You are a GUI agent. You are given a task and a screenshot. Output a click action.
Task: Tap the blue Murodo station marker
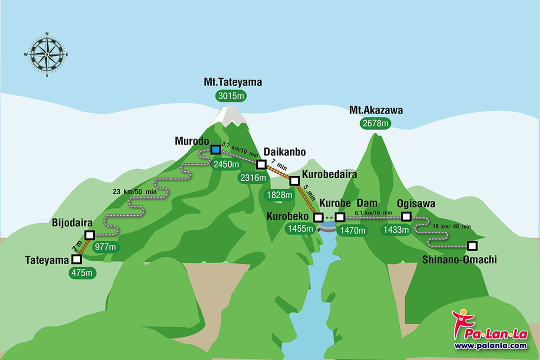click(215, 149)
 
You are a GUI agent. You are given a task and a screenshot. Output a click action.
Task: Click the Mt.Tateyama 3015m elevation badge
click(232, 95)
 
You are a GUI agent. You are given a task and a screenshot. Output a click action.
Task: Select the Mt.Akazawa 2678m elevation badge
click(376, 123)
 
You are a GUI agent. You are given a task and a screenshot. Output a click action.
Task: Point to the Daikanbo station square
click(260, 164)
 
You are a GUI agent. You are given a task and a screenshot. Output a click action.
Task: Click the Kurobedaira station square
click(294, 180)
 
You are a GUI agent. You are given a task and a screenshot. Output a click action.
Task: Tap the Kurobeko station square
click(318, 217)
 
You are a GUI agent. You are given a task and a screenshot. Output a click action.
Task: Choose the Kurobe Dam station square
click(340, 217)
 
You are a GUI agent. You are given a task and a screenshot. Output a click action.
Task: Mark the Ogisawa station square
click(406, 216)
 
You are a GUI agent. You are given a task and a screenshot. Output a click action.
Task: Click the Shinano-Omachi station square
click(471, 245)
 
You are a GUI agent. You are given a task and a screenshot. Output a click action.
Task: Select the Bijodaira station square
click(90, 235)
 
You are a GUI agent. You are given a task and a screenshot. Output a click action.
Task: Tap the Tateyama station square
click(76, 259)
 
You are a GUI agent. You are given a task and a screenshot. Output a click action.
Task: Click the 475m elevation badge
click(82, 273)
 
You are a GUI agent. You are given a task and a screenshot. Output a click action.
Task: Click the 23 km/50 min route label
click(134, 191)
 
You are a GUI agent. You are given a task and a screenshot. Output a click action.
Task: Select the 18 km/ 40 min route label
click(452, 226)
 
